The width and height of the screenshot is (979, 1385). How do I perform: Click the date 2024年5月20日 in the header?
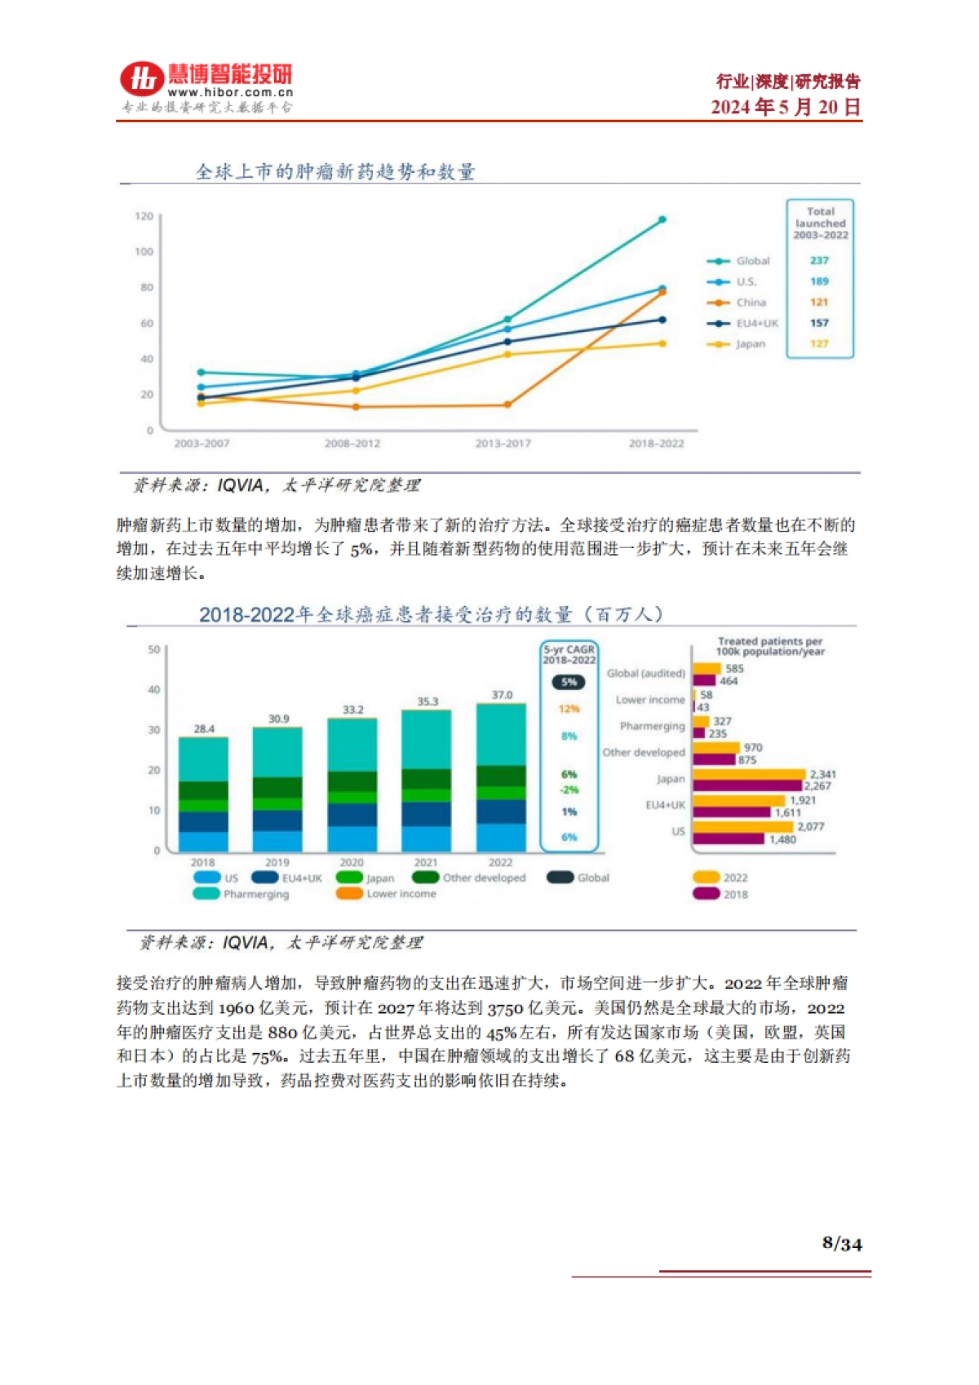tap(785, 108)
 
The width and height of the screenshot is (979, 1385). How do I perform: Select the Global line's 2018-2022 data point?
tap(662, 219)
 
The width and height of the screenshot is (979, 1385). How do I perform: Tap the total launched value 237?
tap(819, 261)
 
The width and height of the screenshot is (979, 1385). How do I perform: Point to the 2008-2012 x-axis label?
tap(352, 444)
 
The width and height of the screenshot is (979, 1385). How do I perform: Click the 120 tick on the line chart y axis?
tap(144, 216)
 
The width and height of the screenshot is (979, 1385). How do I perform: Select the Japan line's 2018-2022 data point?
tap(662, 343)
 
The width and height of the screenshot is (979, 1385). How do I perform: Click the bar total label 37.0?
tap(502, 695)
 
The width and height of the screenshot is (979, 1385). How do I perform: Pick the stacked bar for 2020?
tap(352, 783)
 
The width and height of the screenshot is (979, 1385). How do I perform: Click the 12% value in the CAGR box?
tap(569, 709)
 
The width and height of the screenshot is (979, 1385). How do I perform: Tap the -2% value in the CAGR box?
tap(569, 790)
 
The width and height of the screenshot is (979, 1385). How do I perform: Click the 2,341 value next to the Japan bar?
tap(822, 774)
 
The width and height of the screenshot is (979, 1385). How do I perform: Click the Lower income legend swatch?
tap(349, 894)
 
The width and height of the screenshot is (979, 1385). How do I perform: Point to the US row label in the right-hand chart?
tap(678, 831)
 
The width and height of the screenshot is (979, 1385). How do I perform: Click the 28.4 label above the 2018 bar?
tap(204, 729)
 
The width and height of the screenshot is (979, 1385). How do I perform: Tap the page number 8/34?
tap(842, 1244)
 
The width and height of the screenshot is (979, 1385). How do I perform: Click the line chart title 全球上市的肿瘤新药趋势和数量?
tap(335, 172)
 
